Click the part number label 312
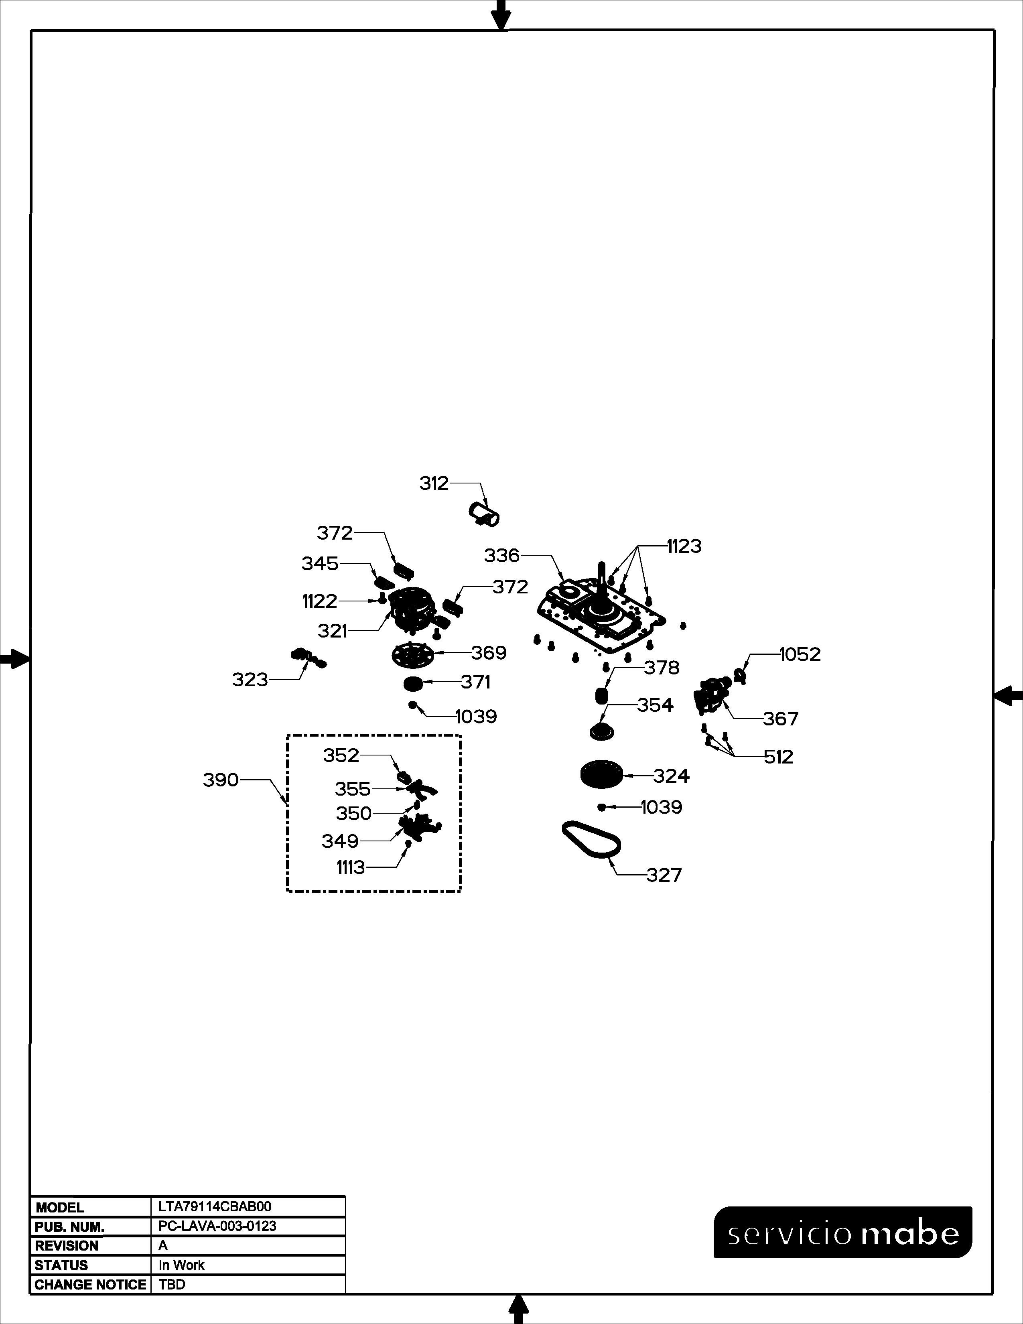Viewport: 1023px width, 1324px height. (x=434, y=483)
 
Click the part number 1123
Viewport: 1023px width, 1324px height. (x=684, y=546)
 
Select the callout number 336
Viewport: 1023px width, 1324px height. (x=502, y=555)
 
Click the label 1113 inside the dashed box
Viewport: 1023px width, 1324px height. (x=351, y=867)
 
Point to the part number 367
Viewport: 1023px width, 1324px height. (x=781, y=719)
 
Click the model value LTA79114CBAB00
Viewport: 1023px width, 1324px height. (x=215, y=1206)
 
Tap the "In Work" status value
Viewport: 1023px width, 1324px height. (x=181, y=1265)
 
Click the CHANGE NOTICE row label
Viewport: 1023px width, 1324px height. (x=90, y=1285)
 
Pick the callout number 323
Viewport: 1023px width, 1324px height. (x=250, y=680)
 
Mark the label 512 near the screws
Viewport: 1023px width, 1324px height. (x=778, y=757)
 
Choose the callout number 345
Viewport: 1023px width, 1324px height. (x=320, y=564)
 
